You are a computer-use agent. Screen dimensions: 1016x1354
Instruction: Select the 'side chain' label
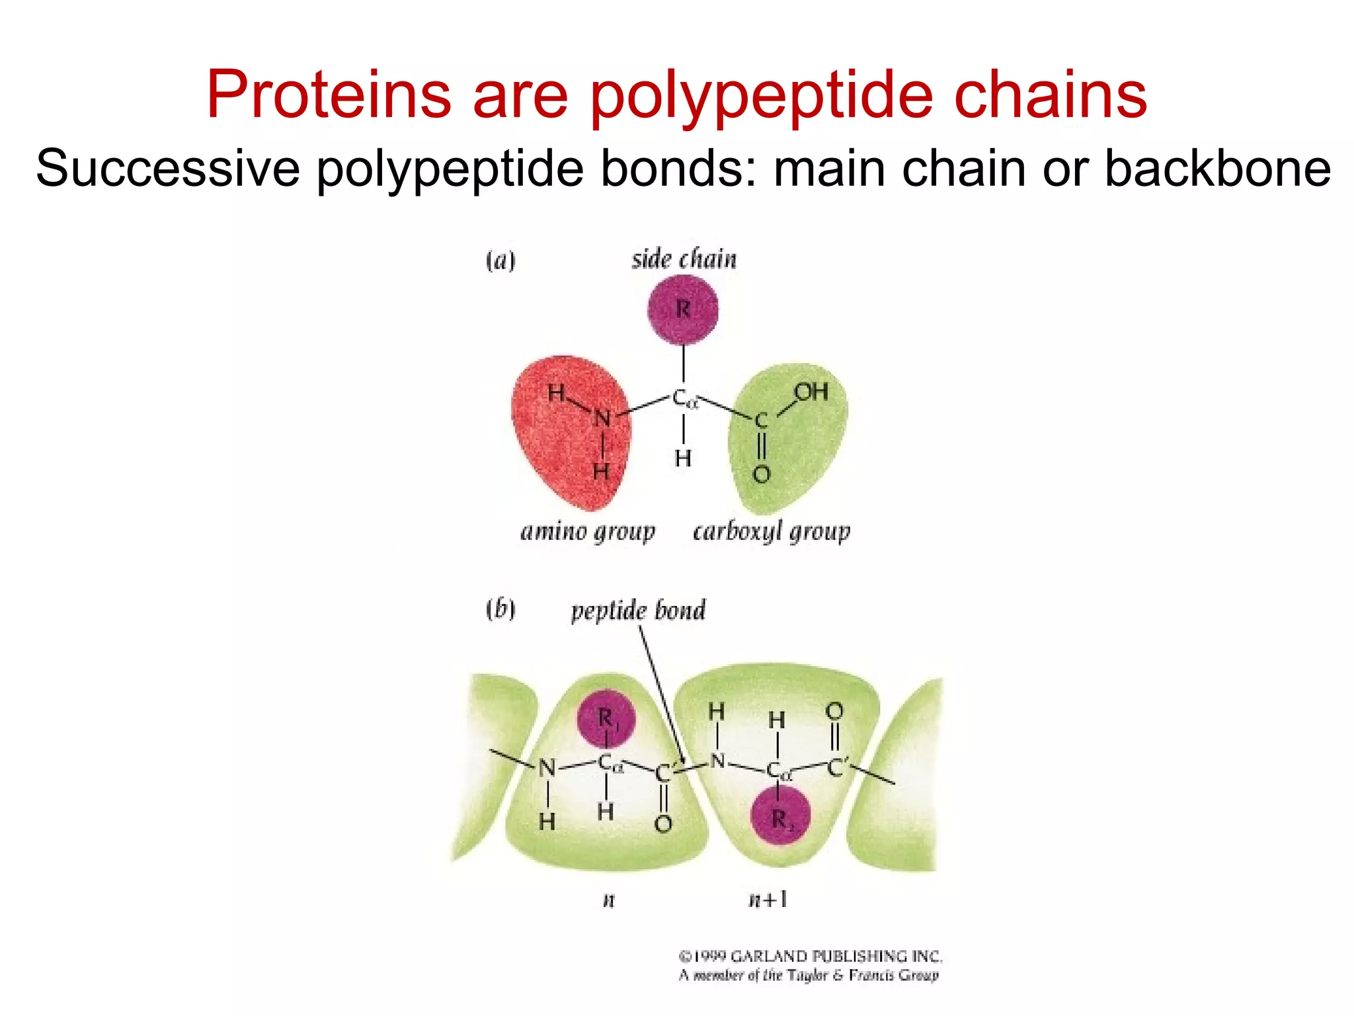[x=684, y=259]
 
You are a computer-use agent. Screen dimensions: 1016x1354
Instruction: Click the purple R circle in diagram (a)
[x=683, y=310]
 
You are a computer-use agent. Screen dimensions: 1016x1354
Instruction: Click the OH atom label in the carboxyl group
[x=811, y=392]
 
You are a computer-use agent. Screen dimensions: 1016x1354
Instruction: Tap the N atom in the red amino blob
[x=602, y=419]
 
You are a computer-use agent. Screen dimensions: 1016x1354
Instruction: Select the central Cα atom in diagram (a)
[x=684, y=399]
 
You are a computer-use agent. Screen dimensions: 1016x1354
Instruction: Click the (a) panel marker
[x=500, y=261]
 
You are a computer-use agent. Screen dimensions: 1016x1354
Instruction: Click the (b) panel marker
[x=500, y=609]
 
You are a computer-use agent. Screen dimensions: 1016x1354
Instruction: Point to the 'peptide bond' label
[x=638, y=611]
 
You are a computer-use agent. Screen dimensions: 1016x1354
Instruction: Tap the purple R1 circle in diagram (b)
[x=606, y=718]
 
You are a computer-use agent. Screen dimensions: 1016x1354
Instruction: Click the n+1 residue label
[x=768, y=900]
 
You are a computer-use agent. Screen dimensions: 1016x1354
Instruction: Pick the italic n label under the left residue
[x=609, y=900]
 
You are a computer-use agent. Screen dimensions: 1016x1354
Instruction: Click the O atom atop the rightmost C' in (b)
[x=834, y=712]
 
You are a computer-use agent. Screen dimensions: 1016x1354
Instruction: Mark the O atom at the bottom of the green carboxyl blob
[x=762, y=474]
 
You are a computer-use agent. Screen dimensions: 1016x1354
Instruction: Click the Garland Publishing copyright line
[x=810, y=956]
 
